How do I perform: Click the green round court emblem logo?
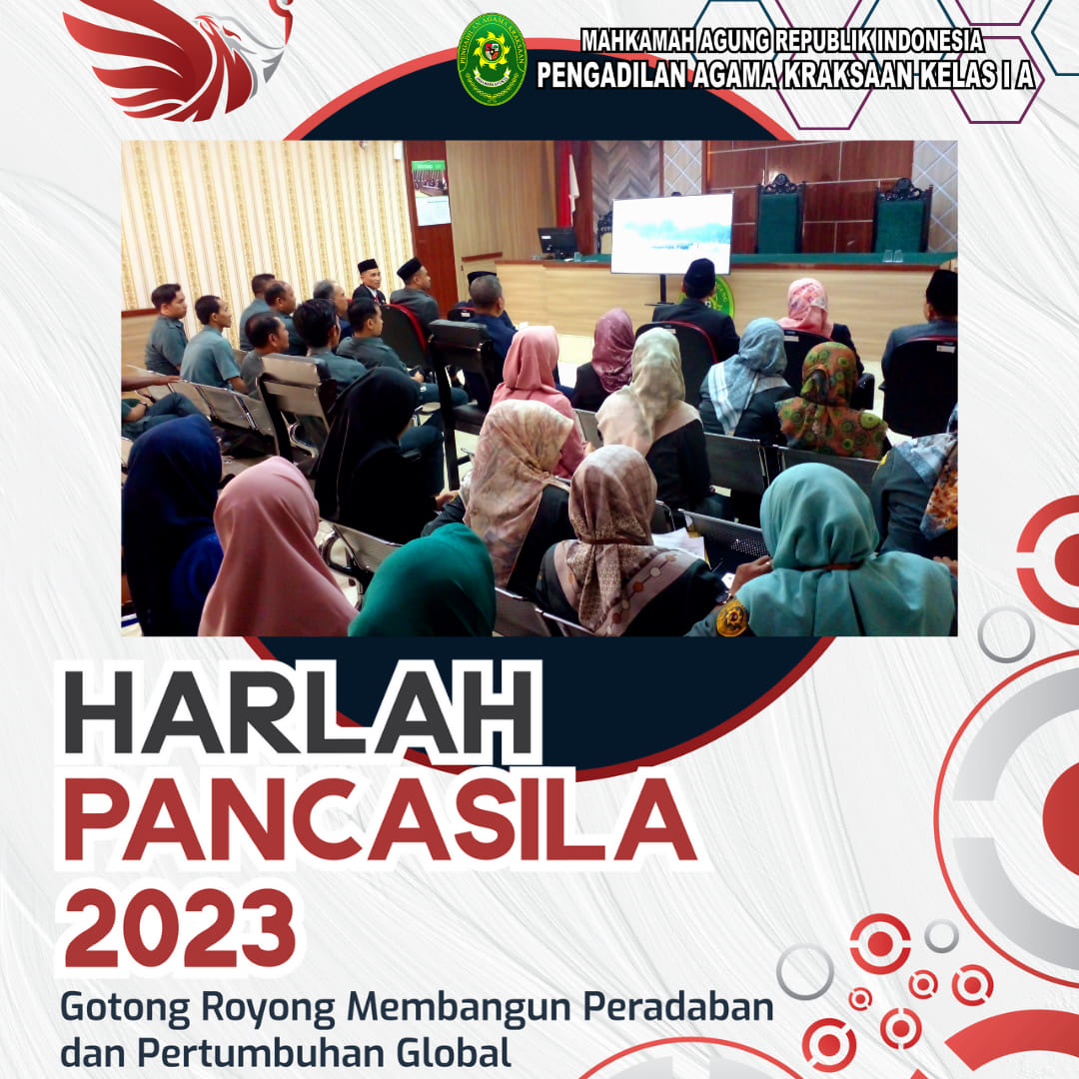tap(492, 59)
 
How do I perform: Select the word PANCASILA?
tap(380, 819)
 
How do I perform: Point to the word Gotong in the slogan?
tap(125, 1009)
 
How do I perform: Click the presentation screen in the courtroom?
tap(671, 233)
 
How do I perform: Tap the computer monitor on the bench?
tap(556, 242)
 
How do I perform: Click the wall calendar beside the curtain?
tap(430, 193)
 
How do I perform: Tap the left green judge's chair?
tap(779, 214)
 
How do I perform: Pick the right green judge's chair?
tap(901, 216)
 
